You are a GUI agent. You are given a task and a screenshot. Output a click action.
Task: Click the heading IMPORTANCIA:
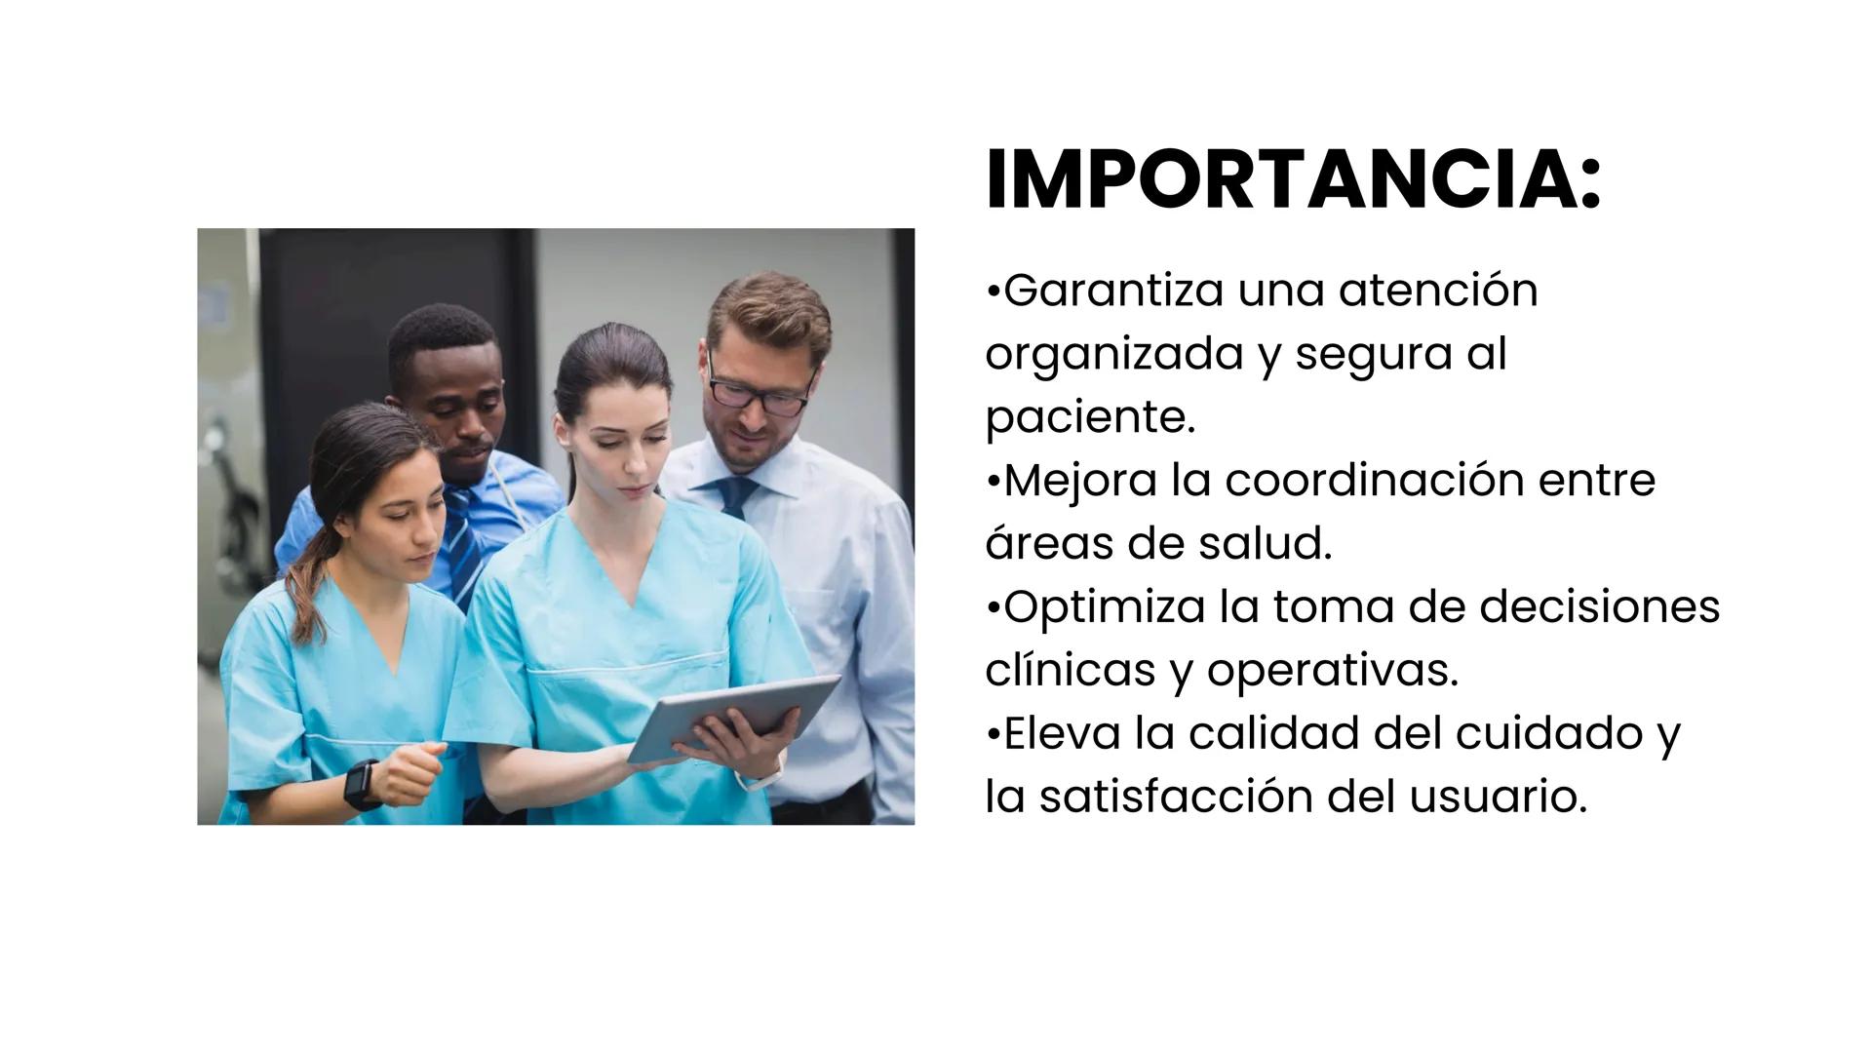tap(1293, 181)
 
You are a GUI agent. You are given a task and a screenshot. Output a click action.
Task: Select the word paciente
tap(1089, 418)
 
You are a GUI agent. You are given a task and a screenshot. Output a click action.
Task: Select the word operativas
tap(1333, 672)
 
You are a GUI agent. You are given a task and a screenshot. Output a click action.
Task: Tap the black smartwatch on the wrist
tap(362, 784)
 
